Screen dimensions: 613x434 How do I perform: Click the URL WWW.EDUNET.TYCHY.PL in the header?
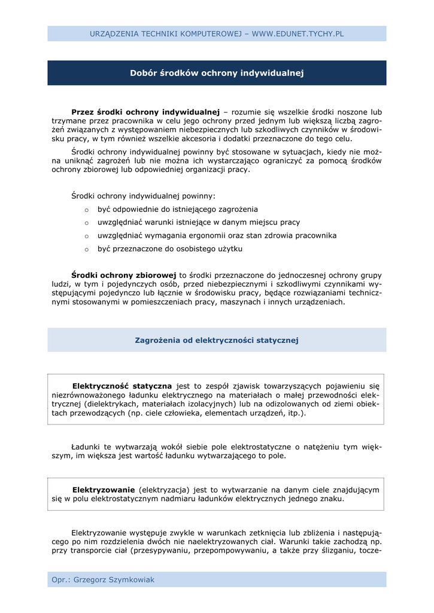298,34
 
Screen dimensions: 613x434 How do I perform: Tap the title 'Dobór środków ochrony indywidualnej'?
217,73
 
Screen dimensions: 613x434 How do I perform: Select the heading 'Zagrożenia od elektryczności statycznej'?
217,340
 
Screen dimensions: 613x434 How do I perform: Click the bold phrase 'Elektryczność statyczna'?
122,386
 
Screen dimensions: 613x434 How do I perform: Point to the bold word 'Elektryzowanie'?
103,490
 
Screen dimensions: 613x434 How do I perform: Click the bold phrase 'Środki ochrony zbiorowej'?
124,275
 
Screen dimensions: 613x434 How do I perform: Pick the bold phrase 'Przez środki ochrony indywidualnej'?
145,112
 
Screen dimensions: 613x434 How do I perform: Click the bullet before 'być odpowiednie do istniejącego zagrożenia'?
87,210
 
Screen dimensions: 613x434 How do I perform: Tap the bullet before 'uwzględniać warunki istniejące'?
87,223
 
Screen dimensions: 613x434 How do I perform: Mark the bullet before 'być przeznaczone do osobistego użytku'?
87,250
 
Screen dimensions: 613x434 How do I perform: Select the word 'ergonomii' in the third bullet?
229,236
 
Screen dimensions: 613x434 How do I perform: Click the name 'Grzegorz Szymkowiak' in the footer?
114,579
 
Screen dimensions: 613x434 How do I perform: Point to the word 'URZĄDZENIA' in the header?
113,34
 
